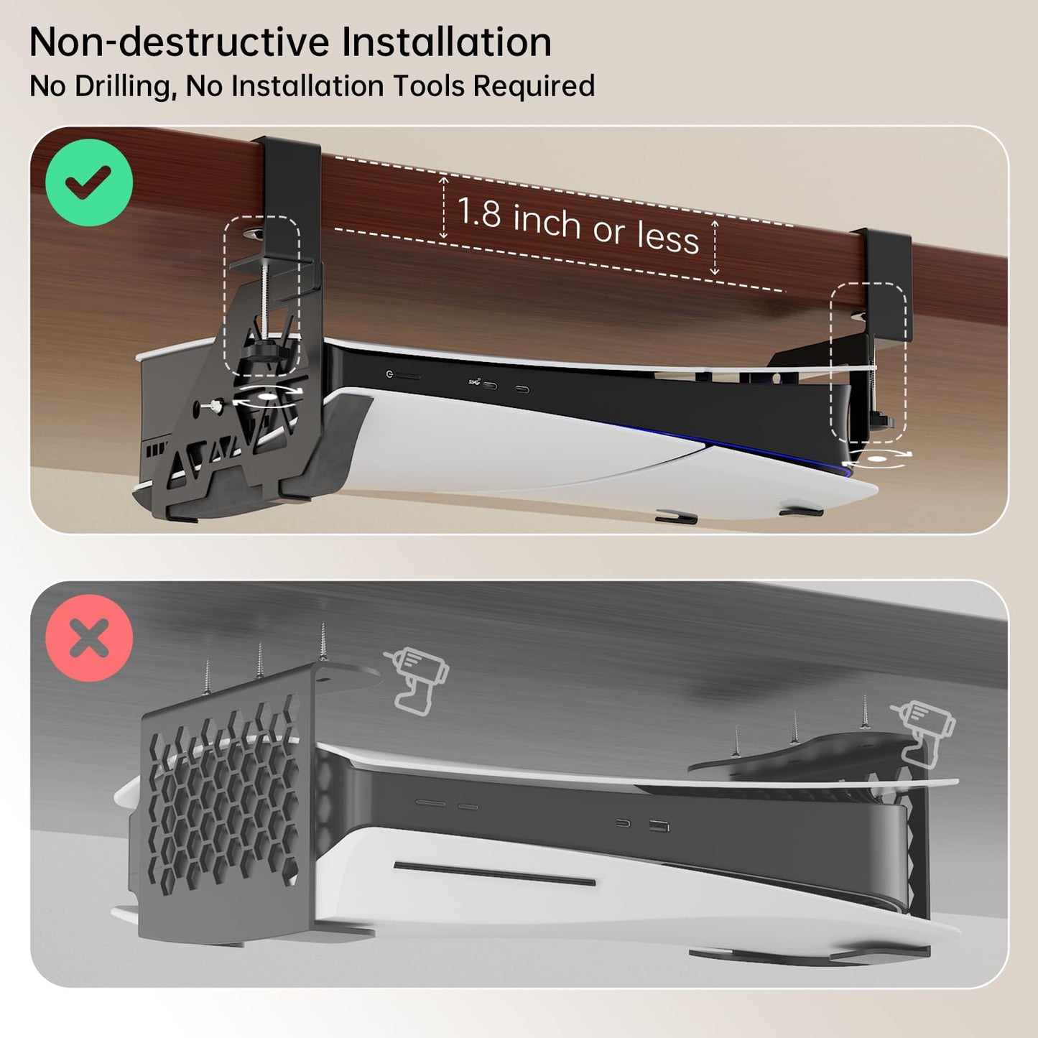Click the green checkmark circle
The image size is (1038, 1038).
pos(89,182)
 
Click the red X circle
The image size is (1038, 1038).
pos(89,638)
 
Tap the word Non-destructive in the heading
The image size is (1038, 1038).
pos(180,43)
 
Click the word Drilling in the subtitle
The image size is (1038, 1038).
pos(121,87)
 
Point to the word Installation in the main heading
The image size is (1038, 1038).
pos(446,43)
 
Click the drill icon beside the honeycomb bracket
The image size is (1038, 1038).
pos(417,679)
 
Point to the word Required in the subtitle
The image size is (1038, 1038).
pos(534,87)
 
